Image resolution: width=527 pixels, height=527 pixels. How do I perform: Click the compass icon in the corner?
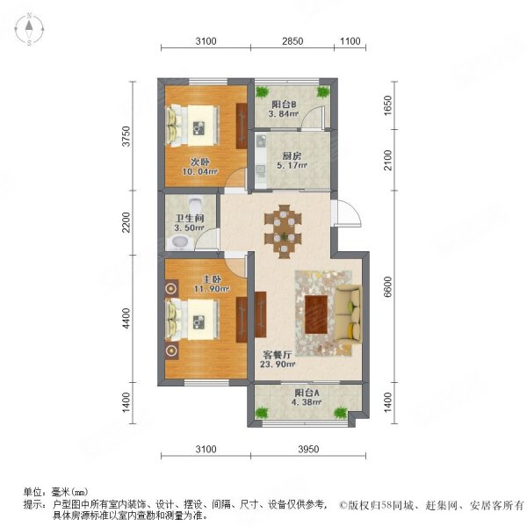29,29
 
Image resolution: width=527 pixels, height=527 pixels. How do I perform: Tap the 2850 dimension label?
292,41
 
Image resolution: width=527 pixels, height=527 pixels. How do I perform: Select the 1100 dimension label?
350,41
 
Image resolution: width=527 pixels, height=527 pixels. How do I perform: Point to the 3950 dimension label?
308,449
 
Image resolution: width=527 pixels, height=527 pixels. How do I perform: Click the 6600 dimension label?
387,286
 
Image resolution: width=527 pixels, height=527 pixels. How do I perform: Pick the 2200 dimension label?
126,222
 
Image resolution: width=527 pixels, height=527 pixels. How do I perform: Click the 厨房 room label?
292,156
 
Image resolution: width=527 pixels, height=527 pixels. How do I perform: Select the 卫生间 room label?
190,218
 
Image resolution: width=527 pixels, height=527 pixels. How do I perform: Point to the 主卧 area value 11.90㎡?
212,289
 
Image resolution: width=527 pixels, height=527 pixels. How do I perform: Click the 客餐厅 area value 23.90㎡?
278,364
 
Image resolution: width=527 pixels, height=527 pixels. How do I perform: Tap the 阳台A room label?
307,393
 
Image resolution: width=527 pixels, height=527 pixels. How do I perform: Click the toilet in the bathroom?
195,203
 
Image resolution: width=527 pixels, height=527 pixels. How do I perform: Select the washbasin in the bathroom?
179,242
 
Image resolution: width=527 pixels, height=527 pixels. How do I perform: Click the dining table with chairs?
283,231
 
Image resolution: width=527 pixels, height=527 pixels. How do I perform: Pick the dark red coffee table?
316,314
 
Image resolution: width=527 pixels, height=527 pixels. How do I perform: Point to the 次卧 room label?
200,162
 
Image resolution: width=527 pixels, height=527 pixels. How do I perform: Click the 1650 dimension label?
387,105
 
